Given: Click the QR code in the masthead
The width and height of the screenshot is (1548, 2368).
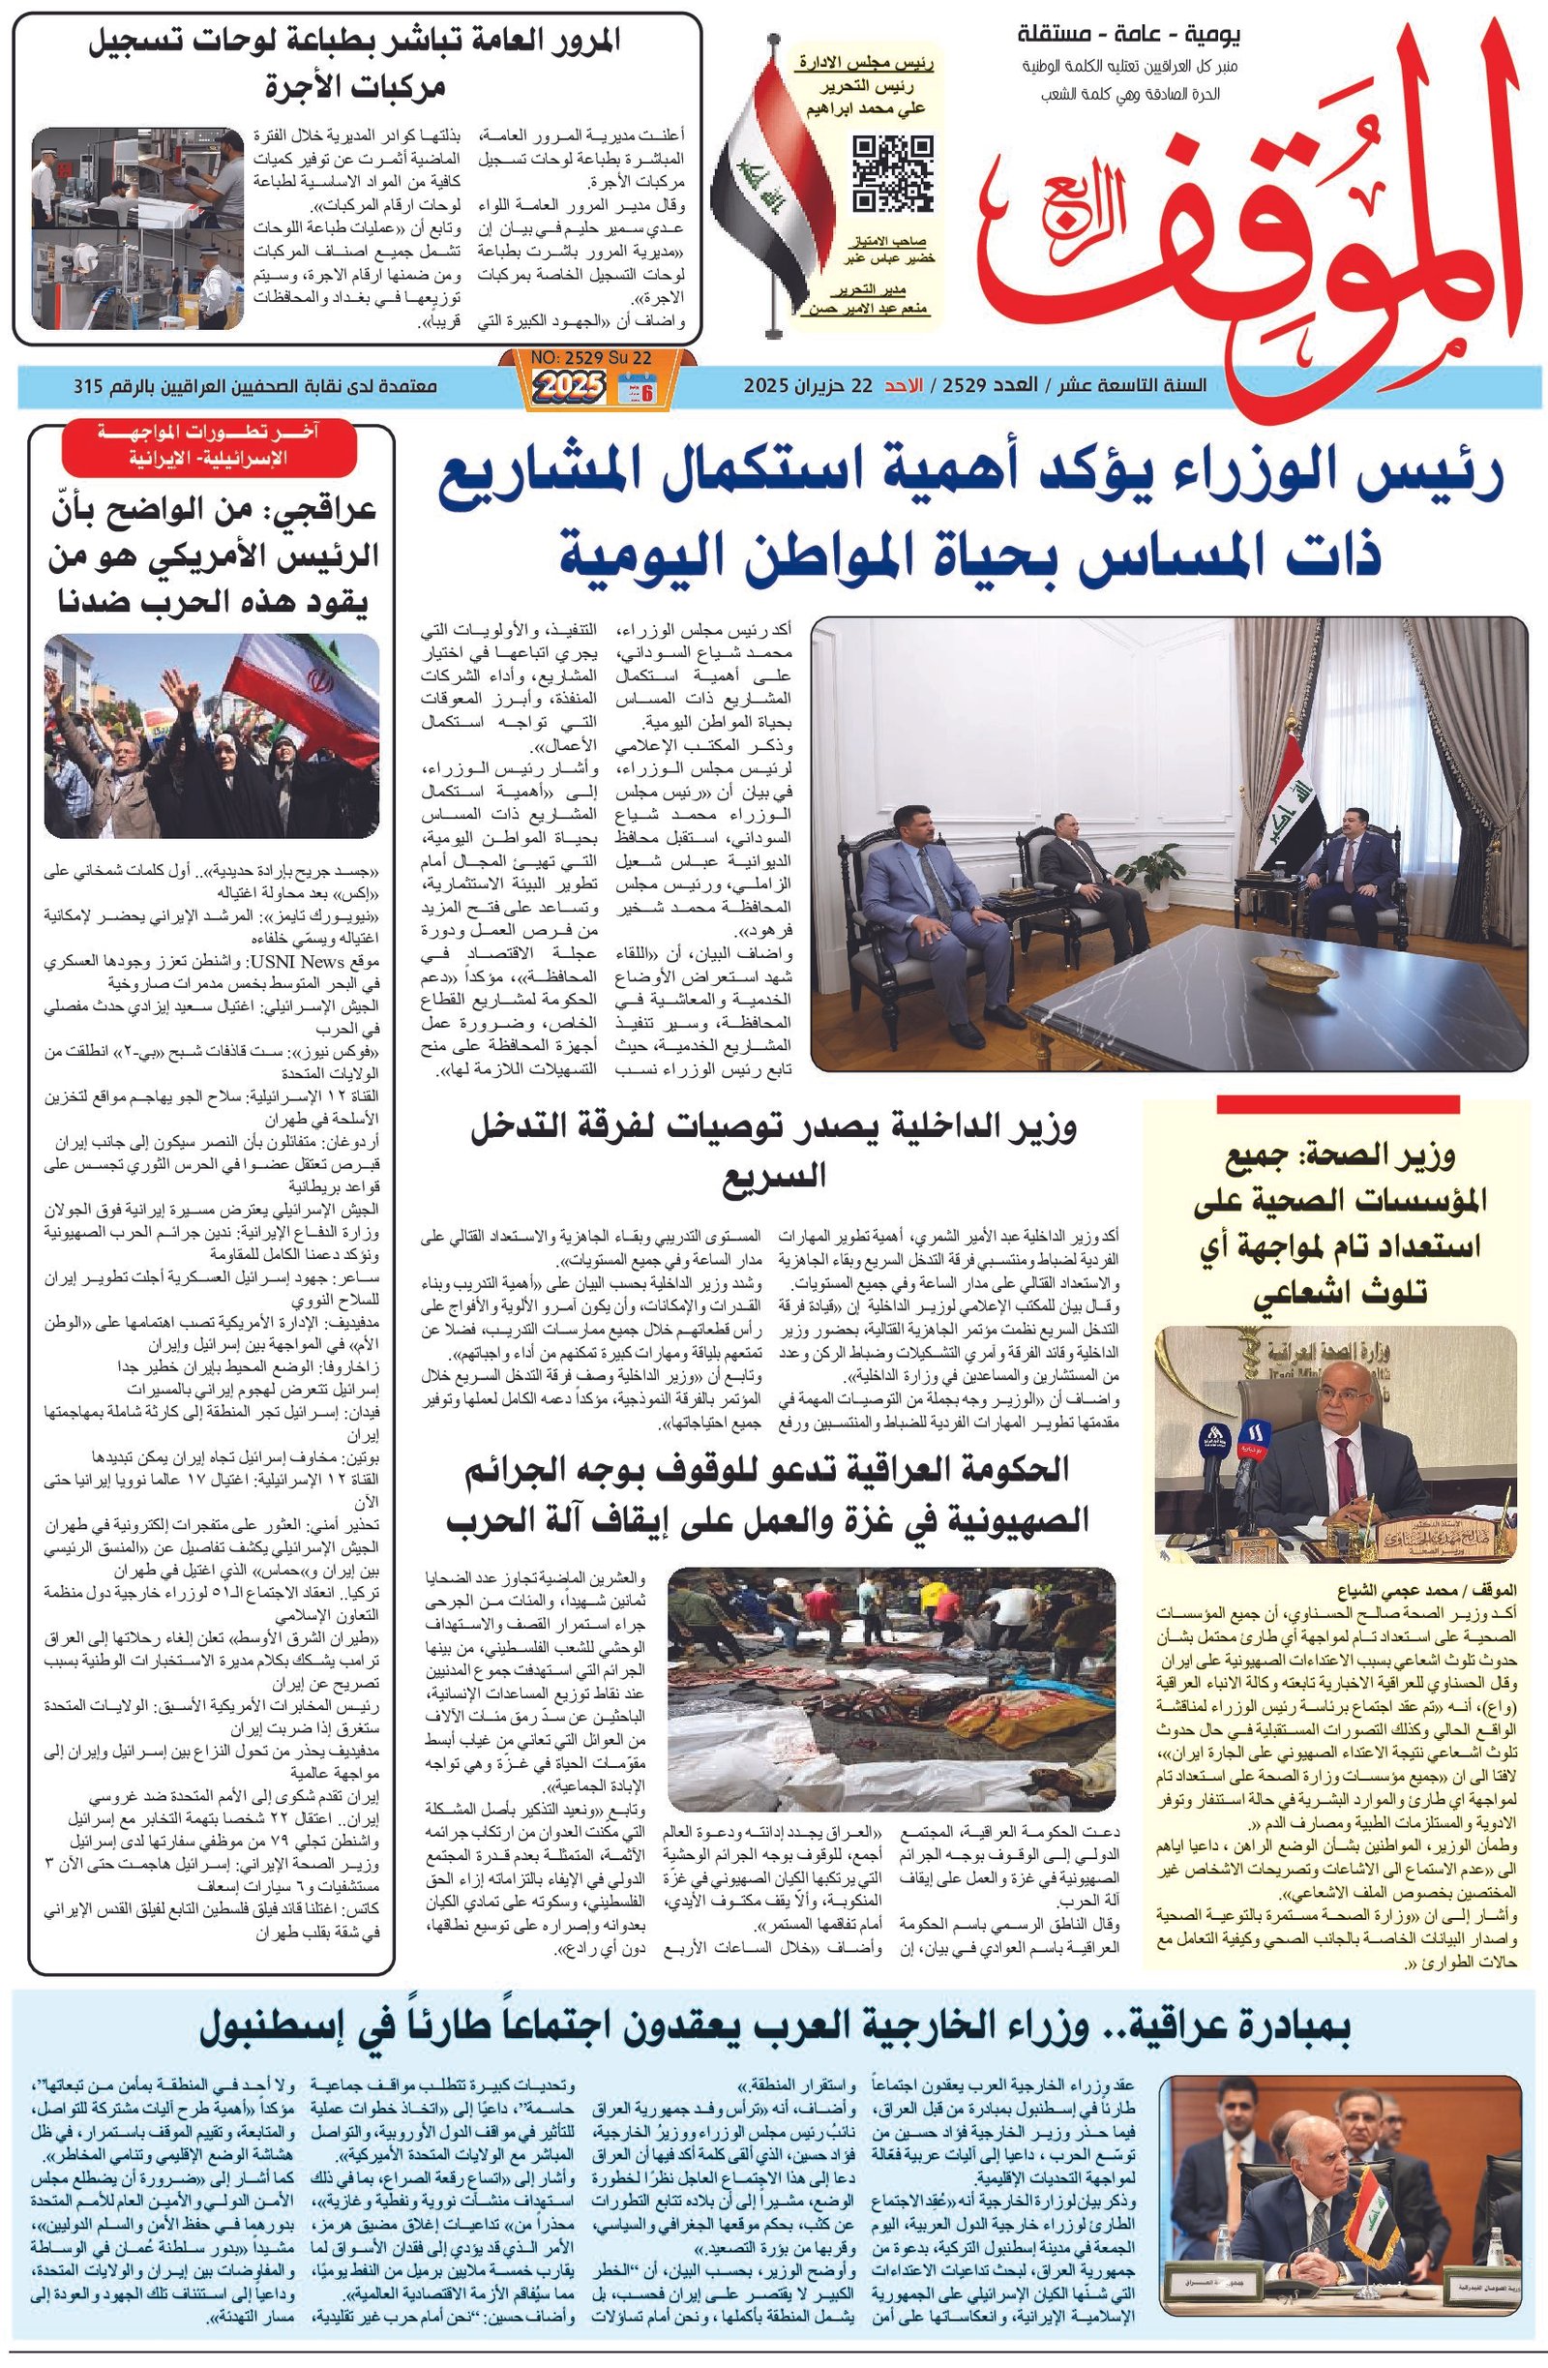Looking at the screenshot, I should tap(892, 173).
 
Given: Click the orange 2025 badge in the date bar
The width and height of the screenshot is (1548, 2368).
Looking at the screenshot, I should tap(568, 384).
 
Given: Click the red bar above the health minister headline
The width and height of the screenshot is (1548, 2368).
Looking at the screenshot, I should tap(1337, 1103).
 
